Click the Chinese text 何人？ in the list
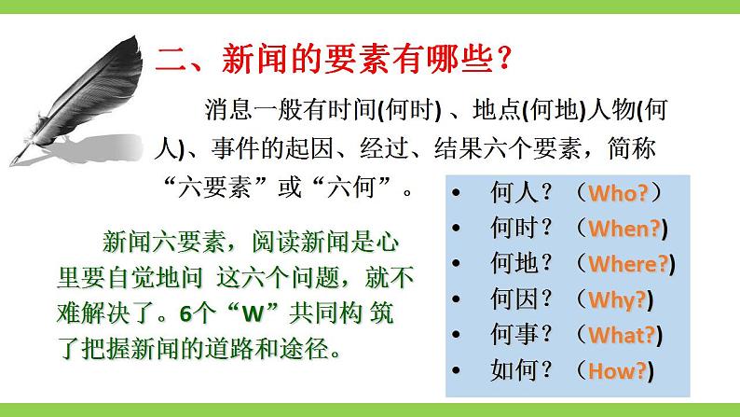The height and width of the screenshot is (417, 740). [x=523, y=193]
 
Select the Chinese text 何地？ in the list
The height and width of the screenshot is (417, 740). [x=523, y=264]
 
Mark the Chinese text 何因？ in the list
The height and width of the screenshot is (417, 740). [x=523, y=299]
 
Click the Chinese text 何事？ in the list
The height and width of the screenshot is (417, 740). [x=523, y=335]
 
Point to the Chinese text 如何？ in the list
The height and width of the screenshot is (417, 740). [x=523, y=370]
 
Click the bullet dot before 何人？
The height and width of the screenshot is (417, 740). [x=458, y=193]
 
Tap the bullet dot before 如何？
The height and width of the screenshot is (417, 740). [x=458, y=370]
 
